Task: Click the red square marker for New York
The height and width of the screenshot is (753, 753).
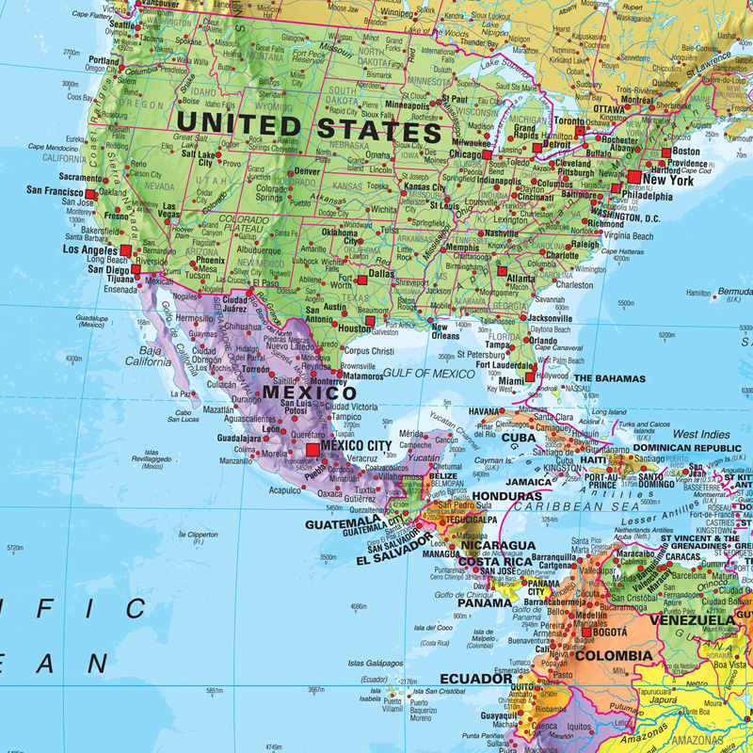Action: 634,176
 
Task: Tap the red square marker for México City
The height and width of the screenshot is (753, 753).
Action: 313,451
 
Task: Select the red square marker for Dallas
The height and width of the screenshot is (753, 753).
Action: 361,280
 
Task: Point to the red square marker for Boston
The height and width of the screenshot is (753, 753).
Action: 666,152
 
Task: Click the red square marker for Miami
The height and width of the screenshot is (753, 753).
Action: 530,376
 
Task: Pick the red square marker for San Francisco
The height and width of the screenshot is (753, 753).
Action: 90,195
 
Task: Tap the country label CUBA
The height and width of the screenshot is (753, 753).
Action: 518,438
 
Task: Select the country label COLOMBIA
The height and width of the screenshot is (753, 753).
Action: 613,655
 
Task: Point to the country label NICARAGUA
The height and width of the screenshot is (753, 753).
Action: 497,545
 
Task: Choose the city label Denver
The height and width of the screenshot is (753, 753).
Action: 307,172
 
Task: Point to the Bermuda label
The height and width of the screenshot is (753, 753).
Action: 733,293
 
